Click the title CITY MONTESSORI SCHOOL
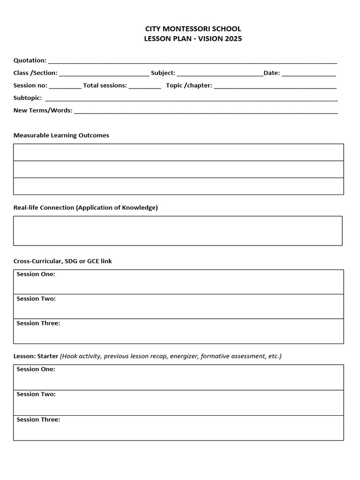coord(193,29)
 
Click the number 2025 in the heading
coord(233,39)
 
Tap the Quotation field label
coord(30,60)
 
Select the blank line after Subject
coord(220,74)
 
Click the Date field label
coord(272,73)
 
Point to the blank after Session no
coord(65,86)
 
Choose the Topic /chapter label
coord(189,85)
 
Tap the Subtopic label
coord(28,98)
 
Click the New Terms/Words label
coord(43,111)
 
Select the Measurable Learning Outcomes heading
coord(61,135)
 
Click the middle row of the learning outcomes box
coord(179,169)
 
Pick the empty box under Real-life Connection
coord(178,231)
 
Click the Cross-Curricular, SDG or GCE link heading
coord(63,261)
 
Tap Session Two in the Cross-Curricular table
coord(36,299)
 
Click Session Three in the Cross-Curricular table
coord(38,323)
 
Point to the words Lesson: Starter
coord(36,356)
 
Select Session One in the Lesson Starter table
coord(36,369)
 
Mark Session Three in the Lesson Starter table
coord(38,420)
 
